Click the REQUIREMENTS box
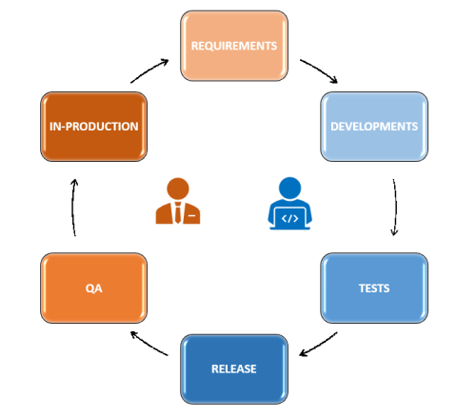point(234,46)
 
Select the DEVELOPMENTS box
point(374,127)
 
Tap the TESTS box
point(374,289)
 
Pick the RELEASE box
point(234,369)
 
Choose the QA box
point(94,289)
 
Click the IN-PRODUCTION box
point(94,127)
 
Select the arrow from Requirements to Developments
point(320,70)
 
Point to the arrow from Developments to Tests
point(396,207)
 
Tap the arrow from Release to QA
point(149,345)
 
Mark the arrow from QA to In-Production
point(72,207)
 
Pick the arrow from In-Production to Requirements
point(149,70)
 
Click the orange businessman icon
point(178,201)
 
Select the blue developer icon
point(289,203)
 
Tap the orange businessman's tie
point(178,212)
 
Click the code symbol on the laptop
point(289,218)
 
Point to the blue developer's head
point(289,189)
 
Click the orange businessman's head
point(178,189)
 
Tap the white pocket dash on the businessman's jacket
point(191,216)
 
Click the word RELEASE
point(234,369)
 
